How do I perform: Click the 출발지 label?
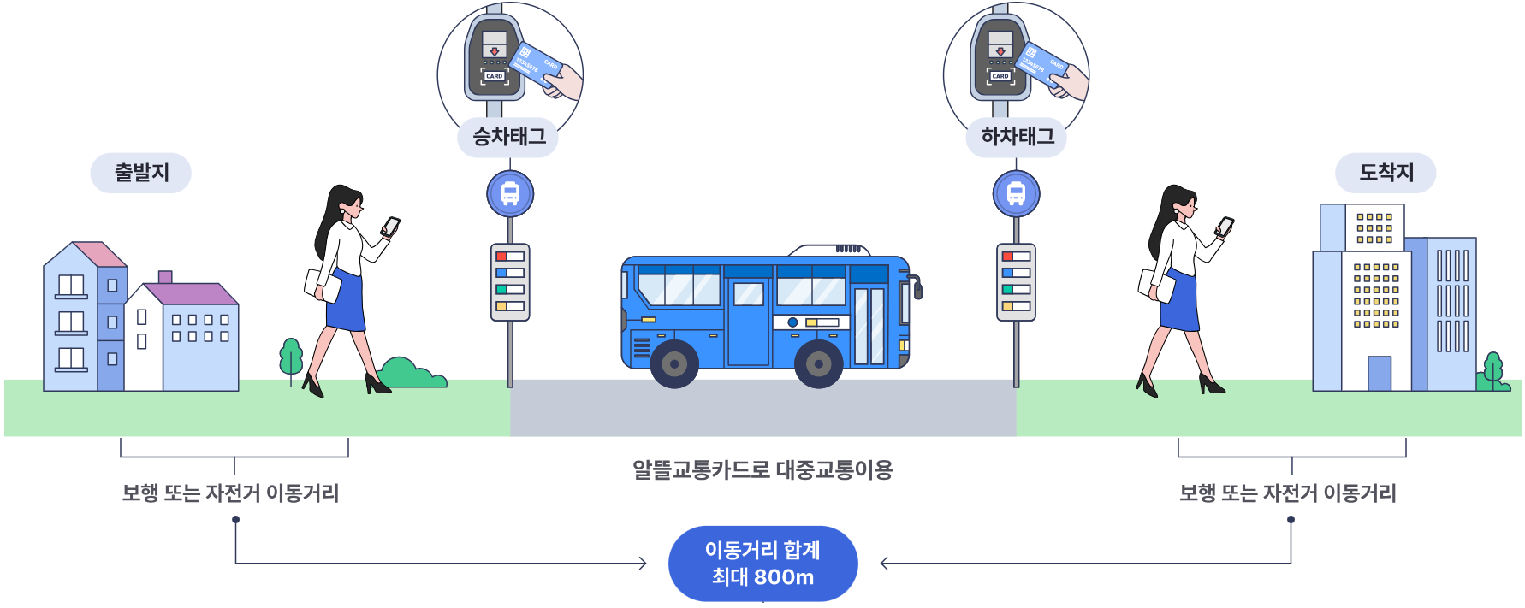pyautogui.click(x=141, y=173)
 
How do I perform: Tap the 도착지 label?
pyautogui.click(x=1386, y=173)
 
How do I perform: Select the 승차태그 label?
pyautogui.click(x=508, y=137)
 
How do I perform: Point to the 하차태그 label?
pyautogui.click(x=1017, y=137)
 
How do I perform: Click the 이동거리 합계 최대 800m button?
pyautogui.click(x=762, y=564)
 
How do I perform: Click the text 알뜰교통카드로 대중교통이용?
pyautogui.click(x=762, y=469)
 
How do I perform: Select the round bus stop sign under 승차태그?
pyautogui.click(x=510, y=194)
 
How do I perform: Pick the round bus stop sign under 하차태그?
pyautogui.click(x=1016, y=194)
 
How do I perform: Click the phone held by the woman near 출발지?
pyautogui.click(x=390, y=227)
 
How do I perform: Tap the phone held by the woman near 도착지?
pyautogui.click(x=1225, y=227)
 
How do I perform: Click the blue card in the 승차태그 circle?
pyautogui.click(x=536, y=64)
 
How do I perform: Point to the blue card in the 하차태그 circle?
pyautogui.click(x=1042, y=64)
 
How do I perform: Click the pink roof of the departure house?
pyautogui.click(x=101, y=254)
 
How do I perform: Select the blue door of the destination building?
pyautogui.click(x=1379, y=374)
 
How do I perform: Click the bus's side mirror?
pyautogui.click(x=917, y=287)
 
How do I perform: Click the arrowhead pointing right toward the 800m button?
pyautogui.click(x=642, y=563)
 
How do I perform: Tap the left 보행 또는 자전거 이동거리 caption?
pyautogui.click(x=230, y=493)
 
